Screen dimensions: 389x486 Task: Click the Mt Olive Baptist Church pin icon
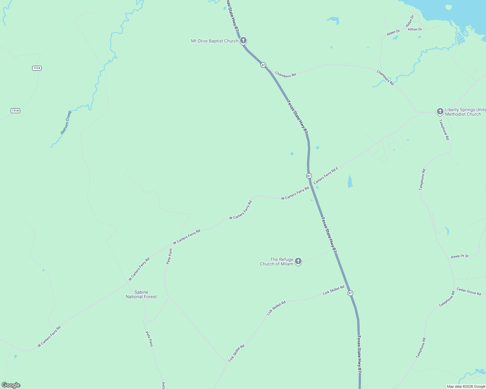pyautogui.click(x=243, y=41)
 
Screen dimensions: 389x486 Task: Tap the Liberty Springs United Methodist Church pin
pyautogui.click(x=440, y=112)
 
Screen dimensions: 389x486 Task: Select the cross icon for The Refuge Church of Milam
pyautogui.click(x=298, y=261)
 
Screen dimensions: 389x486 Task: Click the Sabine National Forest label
pyautogui.click(x=141, y=294)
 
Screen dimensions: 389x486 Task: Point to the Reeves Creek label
pyautogui.click(x=66, y=123)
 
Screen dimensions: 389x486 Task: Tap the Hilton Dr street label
pyautogui.click(x=415, y=29)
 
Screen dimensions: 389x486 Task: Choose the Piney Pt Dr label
pyautogui.click(x=460, y=256)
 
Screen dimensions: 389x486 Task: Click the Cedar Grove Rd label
pyautogui.click(x=468, y=291)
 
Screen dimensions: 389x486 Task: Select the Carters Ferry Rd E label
pyautogui.click(x=326, y=175)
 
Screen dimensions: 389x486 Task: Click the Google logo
pyautogui.click(x=11, y=385)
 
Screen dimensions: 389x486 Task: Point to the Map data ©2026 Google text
pyautogui.click(x=466, y=386)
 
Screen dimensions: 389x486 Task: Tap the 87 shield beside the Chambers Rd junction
pyautogui.click(x=263, y=65)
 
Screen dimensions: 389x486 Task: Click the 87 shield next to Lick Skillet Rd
pyautogui.click(x=350, y=293)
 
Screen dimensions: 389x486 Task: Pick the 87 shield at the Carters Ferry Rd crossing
pyautogui.click(x=309, y=176)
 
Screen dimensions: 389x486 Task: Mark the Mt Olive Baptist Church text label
pyautogui.click(x=214, y=41)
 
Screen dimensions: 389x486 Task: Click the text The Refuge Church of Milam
pyautogui.click(x=276, y=262)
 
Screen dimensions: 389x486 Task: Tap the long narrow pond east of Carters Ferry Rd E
pyautogui.click(x=350, y=181)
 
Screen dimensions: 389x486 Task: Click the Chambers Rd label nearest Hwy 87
pyautogui.click(x=285, y=75)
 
